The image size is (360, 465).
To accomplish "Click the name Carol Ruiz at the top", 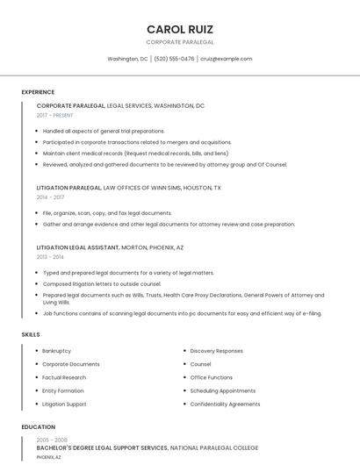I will pyautogui.click(x=179, y=29).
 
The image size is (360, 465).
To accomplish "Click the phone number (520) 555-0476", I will pyautogui.click(x=174, y=59).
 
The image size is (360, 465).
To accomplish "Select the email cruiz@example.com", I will pyautogui.click(x=227, y=59).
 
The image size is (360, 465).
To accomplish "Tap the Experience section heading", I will pyautogui.click(x=38, y=92).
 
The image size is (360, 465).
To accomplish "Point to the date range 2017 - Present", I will pyautogui.click(x=55, y=115).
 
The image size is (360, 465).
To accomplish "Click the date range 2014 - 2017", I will pyautogui.click(x=50, y=197).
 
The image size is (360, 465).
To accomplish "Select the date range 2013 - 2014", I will pyautogui.click(x=50, y=257).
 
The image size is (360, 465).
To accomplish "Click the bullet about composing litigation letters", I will pyautogui.click(x=102, y=284).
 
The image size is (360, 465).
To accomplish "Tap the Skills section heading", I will pyautogui.click(x=31, y=334).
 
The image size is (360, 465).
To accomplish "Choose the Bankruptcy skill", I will pyautogui.click(x=57, y=351).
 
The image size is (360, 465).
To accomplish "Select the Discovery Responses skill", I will pyautogui.click(x=216, y=351).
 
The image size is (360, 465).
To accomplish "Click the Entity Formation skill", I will pyautogui.click(x=63, y=390).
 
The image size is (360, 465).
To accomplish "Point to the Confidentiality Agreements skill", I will pyautogui.click(x=225, y=404).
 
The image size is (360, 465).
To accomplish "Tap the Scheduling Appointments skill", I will pyautogui.click(x=223, y=390).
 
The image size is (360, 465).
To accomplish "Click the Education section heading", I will pyautogui.click(x=38, y=427).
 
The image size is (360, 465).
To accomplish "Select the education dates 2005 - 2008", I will pyautogui.click(x=52, y=440).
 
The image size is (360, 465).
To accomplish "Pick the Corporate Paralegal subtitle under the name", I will pyautogui.click(x=179, y=42).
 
